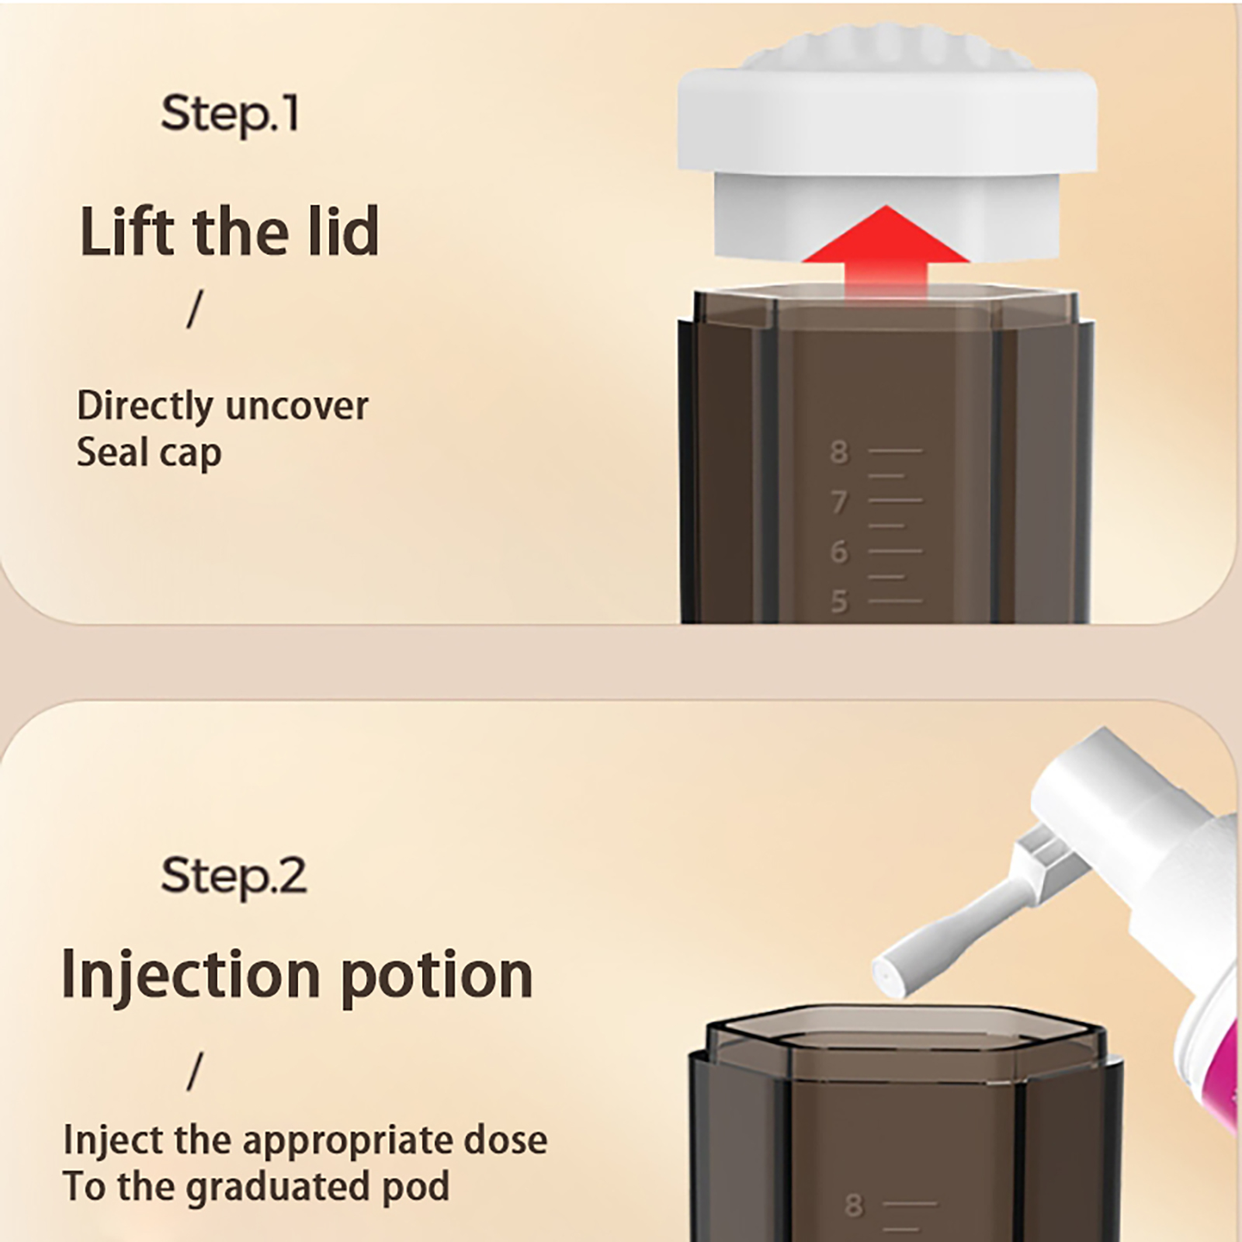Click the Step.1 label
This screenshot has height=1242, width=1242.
230,115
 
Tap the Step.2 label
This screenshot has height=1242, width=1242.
234,876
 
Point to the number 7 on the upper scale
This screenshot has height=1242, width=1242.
839,502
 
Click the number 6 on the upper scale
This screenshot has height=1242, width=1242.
839,552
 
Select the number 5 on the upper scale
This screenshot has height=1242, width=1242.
839,602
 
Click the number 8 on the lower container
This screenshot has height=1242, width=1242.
854,1206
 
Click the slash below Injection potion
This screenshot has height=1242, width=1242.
194,1072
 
